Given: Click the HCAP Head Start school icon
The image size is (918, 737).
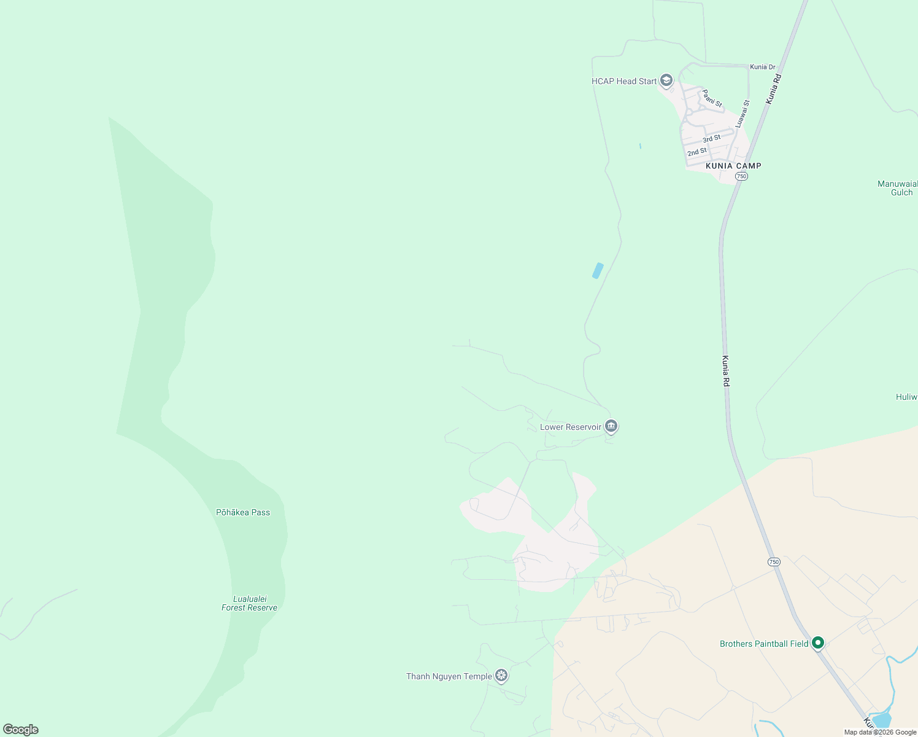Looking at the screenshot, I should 666,80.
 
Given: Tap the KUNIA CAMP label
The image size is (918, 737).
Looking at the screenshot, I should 733,166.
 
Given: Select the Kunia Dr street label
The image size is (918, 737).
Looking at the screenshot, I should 763,67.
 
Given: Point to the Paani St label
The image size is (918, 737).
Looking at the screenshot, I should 712,98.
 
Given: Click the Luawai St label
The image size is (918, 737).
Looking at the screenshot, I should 743,114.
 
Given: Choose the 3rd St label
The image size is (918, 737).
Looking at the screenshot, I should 712,138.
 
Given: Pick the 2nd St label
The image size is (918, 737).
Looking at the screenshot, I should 697,152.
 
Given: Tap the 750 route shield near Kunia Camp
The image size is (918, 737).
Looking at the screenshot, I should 741,176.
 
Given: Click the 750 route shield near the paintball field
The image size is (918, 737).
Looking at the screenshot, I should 774,562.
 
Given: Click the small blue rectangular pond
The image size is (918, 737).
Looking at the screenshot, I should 598,270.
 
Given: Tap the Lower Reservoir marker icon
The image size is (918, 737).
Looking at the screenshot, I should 611,426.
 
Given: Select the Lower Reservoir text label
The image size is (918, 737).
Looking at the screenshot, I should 571,427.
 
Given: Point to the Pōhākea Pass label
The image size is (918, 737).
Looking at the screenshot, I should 243,512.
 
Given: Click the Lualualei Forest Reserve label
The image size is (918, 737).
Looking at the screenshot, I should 250,603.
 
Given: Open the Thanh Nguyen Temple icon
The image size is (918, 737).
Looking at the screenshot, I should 501,676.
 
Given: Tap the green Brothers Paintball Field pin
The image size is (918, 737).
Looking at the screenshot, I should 817,643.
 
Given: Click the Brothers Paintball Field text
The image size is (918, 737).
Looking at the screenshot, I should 764,644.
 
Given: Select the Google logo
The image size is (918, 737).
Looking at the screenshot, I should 21,730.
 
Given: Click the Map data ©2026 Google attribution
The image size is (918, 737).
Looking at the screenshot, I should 880,732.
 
